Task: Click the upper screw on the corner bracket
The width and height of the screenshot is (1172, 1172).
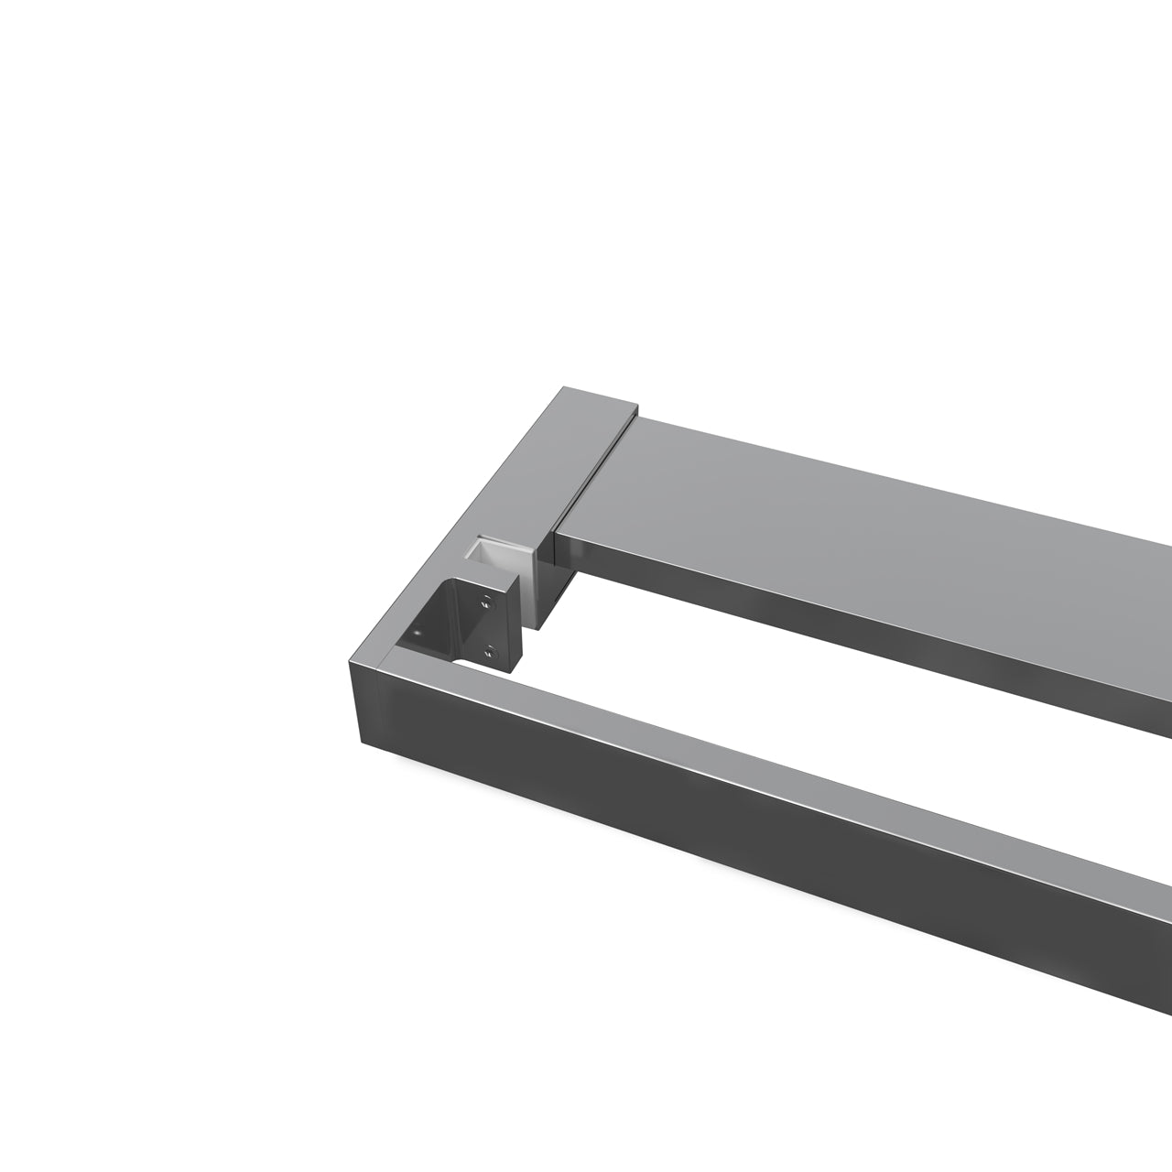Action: (x=487, y=602)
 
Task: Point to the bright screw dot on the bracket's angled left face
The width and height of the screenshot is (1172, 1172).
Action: (x=418, y=633)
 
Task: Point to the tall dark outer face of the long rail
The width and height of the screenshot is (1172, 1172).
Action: (x=732, y=824)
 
